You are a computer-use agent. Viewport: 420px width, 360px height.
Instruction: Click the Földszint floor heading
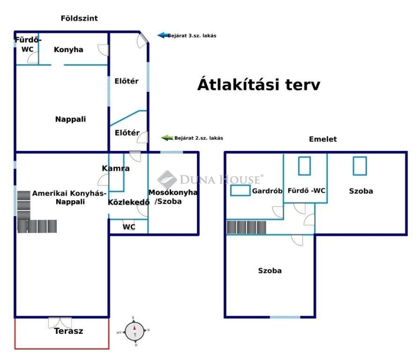tap(79, 18)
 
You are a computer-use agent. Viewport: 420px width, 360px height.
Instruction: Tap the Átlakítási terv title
tap(259, 84)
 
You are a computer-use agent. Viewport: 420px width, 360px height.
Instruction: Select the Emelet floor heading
tap(323, 139)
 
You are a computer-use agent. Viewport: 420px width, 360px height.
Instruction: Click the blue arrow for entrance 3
tap(163, 35)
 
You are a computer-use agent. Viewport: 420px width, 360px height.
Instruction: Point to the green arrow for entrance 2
tap(167, 138)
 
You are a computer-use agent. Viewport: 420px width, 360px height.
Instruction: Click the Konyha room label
tap(68, 50)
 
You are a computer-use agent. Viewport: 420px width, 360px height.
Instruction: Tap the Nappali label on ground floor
tap(71, 119)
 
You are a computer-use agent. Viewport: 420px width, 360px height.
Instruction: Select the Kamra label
tap(116, 168)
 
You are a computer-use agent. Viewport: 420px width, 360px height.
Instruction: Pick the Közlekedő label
tap(128, 202)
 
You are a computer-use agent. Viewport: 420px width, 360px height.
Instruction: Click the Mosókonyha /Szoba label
tap(173, 197)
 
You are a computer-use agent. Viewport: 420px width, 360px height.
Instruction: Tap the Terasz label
tap(68, 331)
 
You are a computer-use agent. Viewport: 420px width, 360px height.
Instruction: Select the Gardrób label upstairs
tap(267, 191)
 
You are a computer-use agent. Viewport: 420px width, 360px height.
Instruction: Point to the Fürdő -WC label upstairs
tap(306, 191)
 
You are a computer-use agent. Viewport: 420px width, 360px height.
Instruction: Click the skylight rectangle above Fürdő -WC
tap(305, 166)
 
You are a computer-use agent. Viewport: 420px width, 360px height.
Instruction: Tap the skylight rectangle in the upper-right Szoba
tap(360, 166)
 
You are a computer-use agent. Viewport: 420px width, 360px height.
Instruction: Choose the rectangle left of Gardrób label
tap(240, 190)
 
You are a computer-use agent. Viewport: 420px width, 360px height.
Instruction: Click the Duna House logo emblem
tap(167, 179)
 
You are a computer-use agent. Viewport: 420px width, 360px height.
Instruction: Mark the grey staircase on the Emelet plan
tap(247, 227)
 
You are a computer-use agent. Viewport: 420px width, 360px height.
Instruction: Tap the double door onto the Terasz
tap(60, 323)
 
